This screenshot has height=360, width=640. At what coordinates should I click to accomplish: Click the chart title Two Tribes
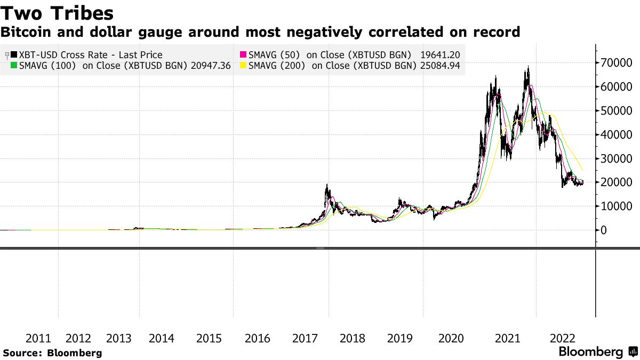(57, 12)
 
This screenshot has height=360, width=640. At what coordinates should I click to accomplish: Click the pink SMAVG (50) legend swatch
(243, 55)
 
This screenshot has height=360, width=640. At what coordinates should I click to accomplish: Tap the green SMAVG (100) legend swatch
(14, 66)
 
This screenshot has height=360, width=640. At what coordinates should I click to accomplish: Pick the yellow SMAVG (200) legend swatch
(243, 66)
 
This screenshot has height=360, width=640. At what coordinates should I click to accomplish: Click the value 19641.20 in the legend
(440, 55)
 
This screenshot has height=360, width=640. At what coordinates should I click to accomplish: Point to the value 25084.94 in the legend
(440, 66)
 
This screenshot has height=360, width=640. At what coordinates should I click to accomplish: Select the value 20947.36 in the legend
(212, 66)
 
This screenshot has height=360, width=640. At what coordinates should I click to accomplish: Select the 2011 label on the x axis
(38, 339)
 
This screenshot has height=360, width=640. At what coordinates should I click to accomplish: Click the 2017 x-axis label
(306, 339)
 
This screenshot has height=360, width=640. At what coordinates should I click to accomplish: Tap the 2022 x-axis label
(562, 339)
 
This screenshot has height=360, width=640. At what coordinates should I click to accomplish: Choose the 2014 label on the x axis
(162, 339)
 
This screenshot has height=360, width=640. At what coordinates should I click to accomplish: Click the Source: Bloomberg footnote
(52, 353)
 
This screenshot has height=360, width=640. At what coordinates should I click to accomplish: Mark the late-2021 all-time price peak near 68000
(528, 67)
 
